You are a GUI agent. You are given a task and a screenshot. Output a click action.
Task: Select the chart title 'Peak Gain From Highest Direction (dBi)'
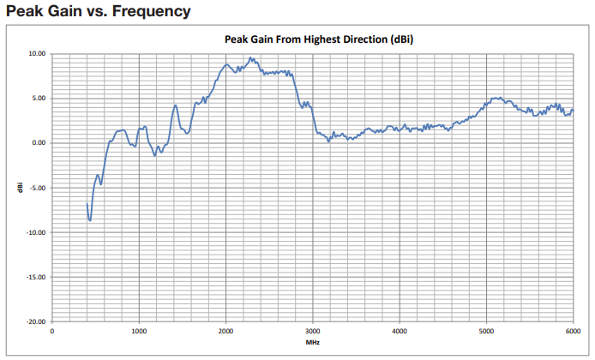pos(313,39)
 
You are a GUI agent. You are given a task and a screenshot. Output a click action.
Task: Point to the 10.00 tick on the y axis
pos(37,53)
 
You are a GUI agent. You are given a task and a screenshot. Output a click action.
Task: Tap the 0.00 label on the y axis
pos(39,143)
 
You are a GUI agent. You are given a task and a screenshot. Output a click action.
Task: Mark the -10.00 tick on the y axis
pos(36,232)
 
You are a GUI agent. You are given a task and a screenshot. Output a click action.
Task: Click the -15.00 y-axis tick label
pos(36,277)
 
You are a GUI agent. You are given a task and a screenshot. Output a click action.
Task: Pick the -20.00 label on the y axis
pos(36,321)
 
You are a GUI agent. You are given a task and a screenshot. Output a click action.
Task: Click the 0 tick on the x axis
pos(52,331)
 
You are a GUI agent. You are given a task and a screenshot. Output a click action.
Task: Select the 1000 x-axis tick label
pos(139,331)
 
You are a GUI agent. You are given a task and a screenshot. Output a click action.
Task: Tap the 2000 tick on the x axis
pos(225,331)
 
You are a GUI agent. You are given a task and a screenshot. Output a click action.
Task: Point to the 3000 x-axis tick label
pos(313,331)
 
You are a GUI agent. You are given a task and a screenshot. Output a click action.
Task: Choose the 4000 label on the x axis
pos(400,331)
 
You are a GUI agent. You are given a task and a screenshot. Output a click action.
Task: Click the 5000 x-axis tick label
pos(486,331)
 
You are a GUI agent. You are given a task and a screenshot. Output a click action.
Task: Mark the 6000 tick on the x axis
pos(573,331)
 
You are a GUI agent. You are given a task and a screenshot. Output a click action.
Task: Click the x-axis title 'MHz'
pos(313,343)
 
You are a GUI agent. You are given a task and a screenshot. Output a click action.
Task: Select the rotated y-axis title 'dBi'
pos(19,187)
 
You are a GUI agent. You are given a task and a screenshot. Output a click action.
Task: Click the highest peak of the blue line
pos(249,58)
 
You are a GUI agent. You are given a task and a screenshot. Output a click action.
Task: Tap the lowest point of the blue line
pos(89,220)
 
